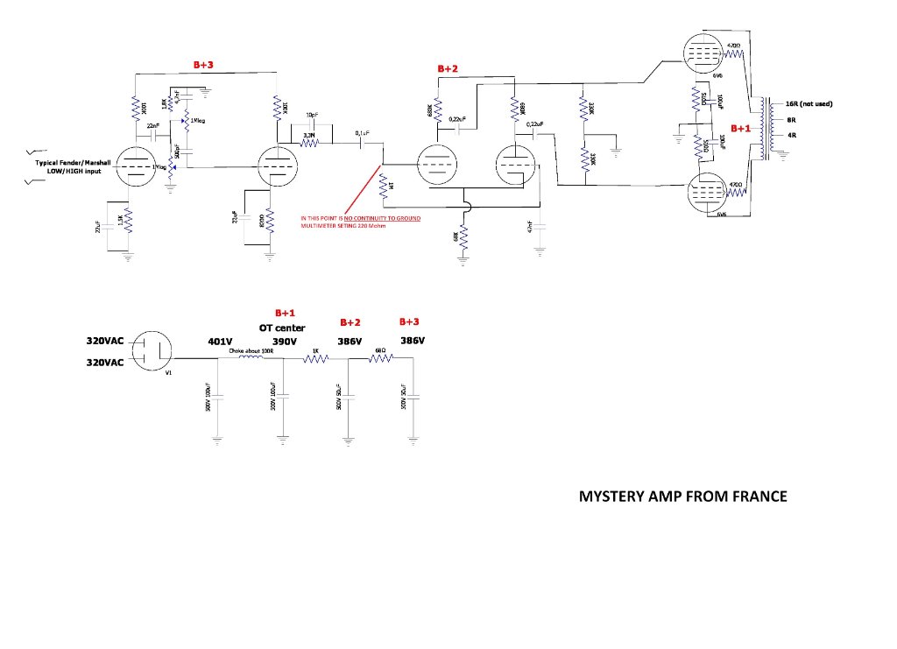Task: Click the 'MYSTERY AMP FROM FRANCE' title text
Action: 683,497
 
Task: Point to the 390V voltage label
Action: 285,342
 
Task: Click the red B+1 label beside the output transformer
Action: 741,129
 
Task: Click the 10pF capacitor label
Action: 312,116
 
